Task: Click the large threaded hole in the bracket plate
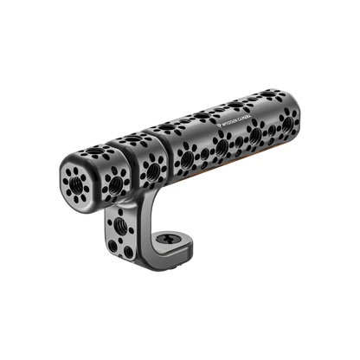coord(121,235)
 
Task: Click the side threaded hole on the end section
coord(107,182)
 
